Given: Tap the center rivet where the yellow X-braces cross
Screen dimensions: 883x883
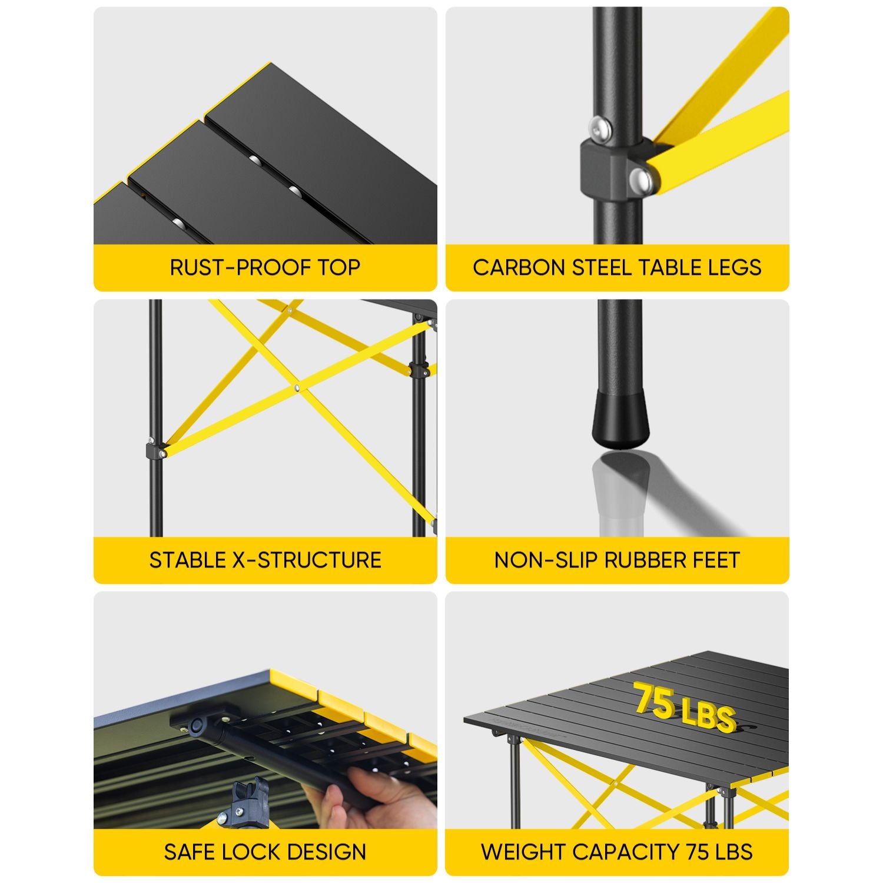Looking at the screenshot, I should tap(297, 388).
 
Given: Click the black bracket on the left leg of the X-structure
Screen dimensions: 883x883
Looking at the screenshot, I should tap(155, 452).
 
